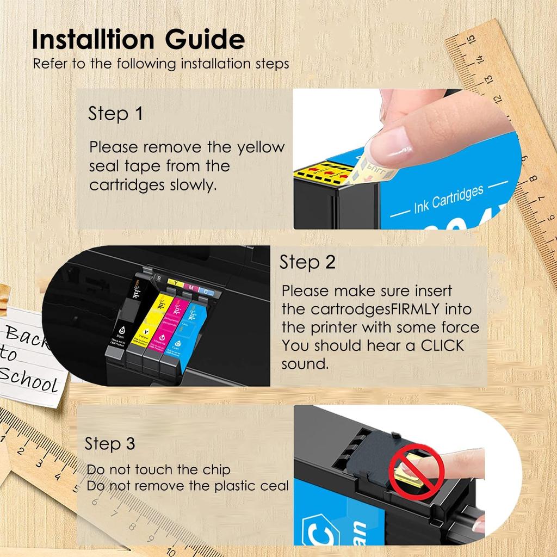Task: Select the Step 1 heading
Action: click(115, 114)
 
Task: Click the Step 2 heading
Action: click(307, 262)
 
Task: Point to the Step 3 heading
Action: click(110, 443)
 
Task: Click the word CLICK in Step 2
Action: click(442, 345)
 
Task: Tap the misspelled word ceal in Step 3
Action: click(274, 486)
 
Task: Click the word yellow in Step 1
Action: click(261, 147)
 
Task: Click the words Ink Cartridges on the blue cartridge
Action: click(448, 200)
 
